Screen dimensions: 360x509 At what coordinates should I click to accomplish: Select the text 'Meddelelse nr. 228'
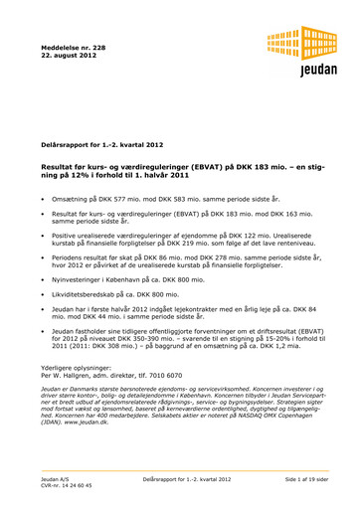pyautogui.click(x=74, y=45)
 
